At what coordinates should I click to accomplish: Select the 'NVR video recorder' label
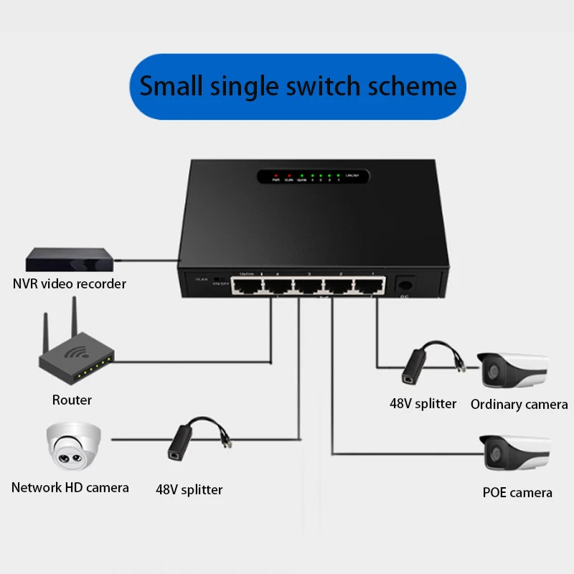point(70,283)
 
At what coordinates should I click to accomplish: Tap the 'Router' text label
point(72,400)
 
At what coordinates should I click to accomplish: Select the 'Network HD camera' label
point(70,487)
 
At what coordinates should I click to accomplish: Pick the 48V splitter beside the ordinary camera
point(418,362)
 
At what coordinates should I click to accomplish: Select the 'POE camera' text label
point(517,492)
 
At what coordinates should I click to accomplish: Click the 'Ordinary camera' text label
point(519,404)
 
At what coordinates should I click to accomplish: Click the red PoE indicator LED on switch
point(276,174)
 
